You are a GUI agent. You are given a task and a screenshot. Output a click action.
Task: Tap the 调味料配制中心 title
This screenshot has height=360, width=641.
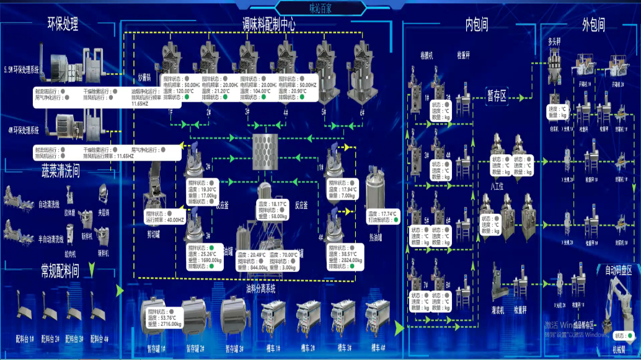268,24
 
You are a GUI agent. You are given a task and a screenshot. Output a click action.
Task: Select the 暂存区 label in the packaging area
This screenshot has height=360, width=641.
497,95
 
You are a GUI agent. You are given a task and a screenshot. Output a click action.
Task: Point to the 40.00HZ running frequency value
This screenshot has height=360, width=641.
175,219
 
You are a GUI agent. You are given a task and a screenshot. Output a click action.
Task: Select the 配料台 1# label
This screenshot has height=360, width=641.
25,339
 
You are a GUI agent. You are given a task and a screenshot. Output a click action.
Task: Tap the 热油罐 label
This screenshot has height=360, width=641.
376,237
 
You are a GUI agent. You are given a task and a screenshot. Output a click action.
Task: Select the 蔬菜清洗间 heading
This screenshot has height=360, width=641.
60,171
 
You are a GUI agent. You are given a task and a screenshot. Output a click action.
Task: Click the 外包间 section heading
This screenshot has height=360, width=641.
593,24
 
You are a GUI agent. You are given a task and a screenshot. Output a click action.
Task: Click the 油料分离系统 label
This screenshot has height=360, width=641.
260,288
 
